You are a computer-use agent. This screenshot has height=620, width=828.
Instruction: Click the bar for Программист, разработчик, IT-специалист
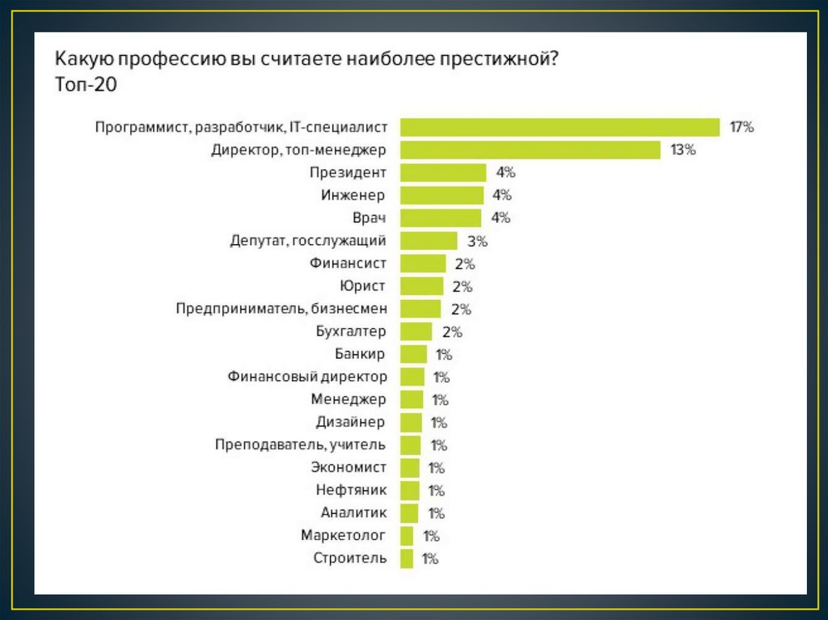click(560, 127)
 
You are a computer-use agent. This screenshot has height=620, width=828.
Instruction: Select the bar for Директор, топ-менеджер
click(531, 150)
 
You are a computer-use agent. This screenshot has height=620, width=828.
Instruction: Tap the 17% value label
click(741, 127)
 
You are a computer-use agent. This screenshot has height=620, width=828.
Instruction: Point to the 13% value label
click(682, 150)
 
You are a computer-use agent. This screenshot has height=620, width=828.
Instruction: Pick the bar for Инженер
click(442, 195)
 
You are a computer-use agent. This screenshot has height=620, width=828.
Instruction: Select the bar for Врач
click(441, 217)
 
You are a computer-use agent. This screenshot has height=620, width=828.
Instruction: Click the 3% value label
click(477, 240)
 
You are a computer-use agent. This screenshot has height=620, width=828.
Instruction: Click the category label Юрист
click(365, 285)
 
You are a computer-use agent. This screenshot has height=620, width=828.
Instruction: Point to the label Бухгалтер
click(352, 331)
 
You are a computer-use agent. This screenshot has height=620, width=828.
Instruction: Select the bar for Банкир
click(414, 353)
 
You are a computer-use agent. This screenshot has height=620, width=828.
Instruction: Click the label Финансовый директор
click(307, 376)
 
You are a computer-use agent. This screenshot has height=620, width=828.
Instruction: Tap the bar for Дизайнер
click(412, 421)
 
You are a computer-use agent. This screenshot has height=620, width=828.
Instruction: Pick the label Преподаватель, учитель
click(301, 444)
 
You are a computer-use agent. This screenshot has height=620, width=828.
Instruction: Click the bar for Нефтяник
click(410, 489)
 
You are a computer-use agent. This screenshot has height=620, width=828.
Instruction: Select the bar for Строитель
click(407, 557)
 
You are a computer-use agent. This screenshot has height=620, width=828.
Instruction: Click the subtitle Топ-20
click(87, 84)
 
